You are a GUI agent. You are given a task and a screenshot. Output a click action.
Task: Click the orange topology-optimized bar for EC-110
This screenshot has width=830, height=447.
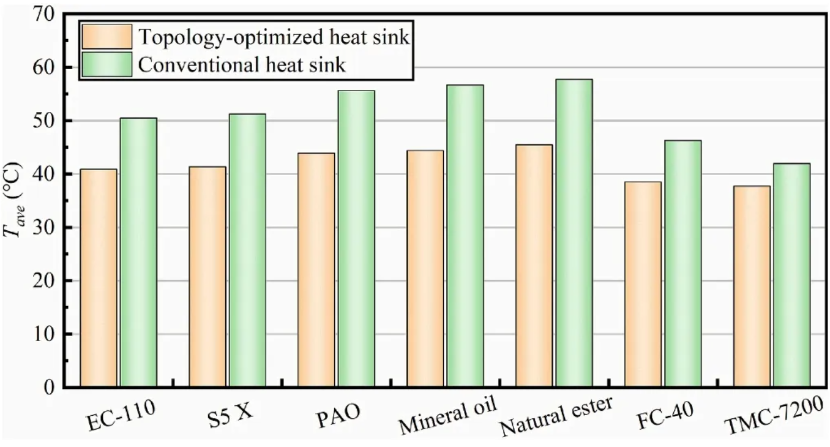coord(99,278)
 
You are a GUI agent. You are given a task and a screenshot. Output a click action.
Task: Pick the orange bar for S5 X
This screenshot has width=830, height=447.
coord(207,277)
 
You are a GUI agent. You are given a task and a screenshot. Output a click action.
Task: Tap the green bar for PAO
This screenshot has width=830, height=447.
coord(356,239)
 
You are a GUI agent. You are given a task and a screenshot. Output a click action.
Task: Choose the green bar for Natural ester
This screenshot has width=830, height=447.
coord(574,233)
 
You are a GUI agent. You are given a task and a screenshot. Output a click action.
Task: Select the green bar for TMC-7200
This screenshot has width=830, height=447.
coord(792,275)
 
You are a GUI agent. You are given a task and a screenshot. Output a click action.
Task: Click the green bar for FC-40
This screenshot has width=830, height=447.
coord(683,264)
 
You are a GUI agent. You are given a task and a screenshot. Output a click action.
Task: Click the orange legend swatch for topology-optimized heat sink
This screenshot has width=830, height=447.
coord(107,37)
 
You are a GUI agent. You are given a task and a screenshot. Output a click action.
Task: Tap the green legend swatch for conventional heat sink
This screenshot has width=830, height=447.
coord(107,64)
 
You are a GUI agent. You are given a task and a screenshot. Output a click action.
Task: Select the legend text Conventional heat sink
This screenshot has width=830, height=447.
coord(242,64)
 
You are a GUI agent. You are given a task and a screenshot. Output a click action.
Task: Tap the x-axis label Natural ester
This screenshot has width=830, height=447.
coord(556,416)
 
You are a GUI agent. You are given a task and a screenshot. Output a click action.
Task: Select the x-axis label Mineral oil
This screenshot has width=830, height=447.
coord(447,415)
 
